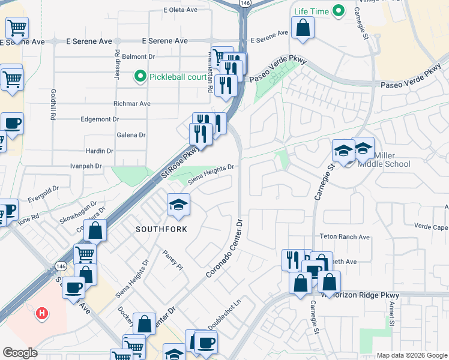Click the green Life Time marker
coord(339,11)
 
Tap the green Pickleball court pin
coord(140,76)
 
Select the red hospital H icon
coord(41,313)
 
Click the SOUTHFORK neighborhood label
coord(161,229)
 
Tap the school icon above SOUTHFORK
coord(178,205)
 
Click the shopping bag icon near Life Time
coord(303,27)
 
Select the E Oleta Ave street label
coord(181,10)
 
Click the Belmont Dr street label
coord(139,56)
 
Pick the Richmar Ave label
coord(136,103)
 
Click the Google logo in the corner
coord(20,353)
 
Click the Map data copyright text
coord(411,355)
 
